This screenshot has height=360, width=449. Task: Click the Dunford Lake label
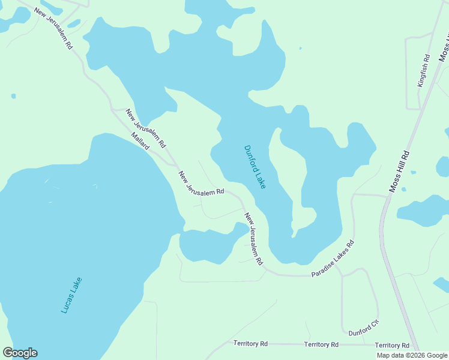click(255, 167)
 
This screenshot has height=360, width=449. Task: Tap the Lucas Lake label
click(71, 295)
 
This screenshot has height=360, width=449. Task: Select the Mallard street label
click(140, 142)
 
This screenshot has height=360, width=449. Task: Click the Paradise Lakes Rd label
click(333, 259)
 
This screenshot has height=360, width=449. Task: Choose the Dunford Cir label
click(364, 328)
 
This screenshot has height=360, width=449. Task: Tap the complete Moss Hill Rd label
click(399, 171)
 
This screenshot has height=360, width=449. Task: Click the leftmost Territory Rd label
click(250, 344)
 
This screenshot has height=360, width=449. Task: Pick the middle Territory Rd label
click(321, 344)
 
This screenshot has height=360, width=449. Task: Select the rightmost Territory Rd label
click(392, 346)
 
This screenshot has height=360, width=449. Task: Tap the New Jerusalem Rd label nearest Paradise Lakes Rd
click(253, 239)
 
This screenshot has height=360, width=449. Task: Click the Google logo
click(20, 353)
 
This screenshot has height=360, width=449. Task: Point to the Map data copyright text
click(411, 355)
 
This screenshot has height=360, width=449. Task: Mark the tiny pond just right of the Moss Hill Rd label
click(413, 172)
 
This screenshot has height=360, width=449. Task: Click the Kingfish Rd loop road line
click(407, 72)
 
